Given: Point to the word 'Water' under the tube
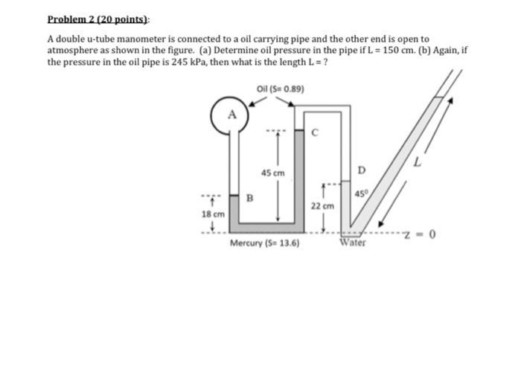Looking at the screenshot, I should pos(353,243).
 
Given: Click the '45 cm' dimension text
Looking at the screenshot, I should pos(272,173).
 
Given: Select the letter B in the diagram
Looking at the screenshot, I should pos(251,198).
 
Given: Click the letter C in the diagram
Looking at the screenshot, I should pos(315,135).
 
